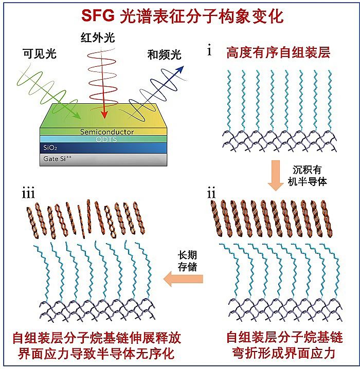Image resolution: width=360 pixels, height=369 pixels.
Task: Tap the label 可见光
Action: coord(39,53)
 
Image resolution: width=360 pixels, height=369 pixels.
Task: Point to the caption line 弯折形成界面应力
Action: coord(284,354)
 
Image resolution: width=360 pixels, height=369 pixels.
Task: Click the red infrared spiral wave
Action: coord(104,77)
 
